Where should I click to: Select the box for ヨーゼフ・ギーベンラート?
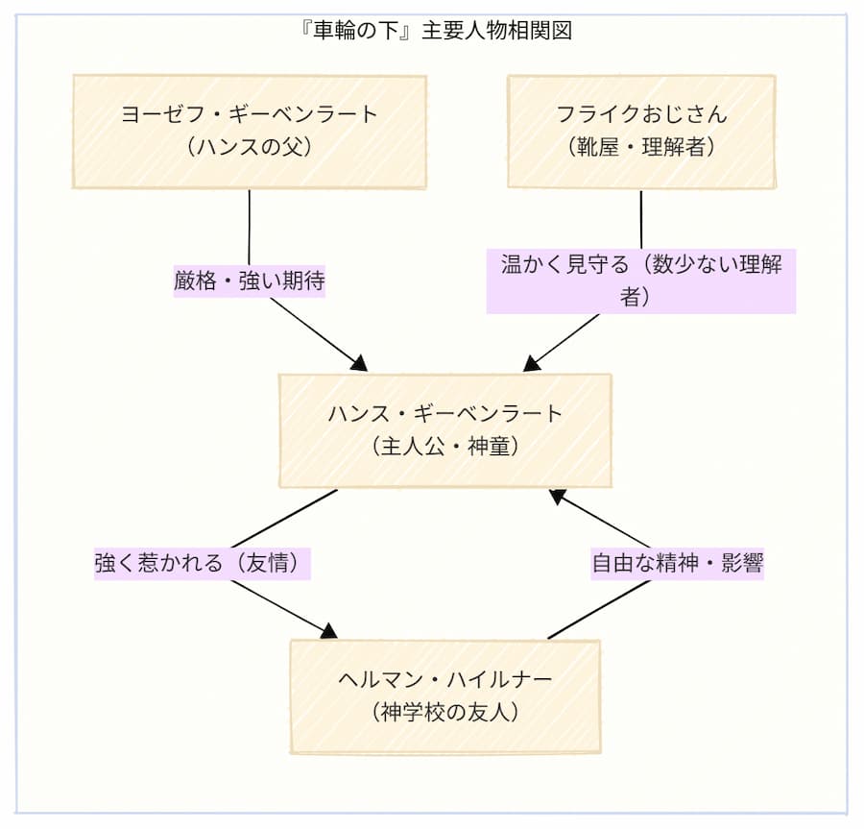coord(249,132)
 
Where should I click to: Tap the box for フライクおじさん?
coord(640,132)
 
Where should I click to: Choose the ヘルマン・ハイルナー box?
coord(444,696)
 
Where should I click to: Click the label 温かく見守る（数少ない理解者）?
coord(640,280)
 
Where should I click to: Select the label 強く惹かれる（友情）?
coord(204,563)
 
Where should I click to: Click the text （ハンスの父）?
coord(249,149)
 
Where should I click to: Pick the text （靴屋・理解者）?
coord(640,149)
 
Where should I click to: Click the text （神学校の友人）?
coord(444,713)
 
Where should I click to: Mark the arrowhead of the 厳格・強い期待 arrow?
coord(360,364)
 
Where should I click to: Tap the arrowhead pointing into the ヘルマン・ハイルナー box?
coord(329,631)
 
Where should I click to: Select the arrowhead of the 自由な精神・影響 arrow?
coord(557,497)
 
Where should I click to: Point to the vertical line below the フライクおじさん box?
coord(640,219)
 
